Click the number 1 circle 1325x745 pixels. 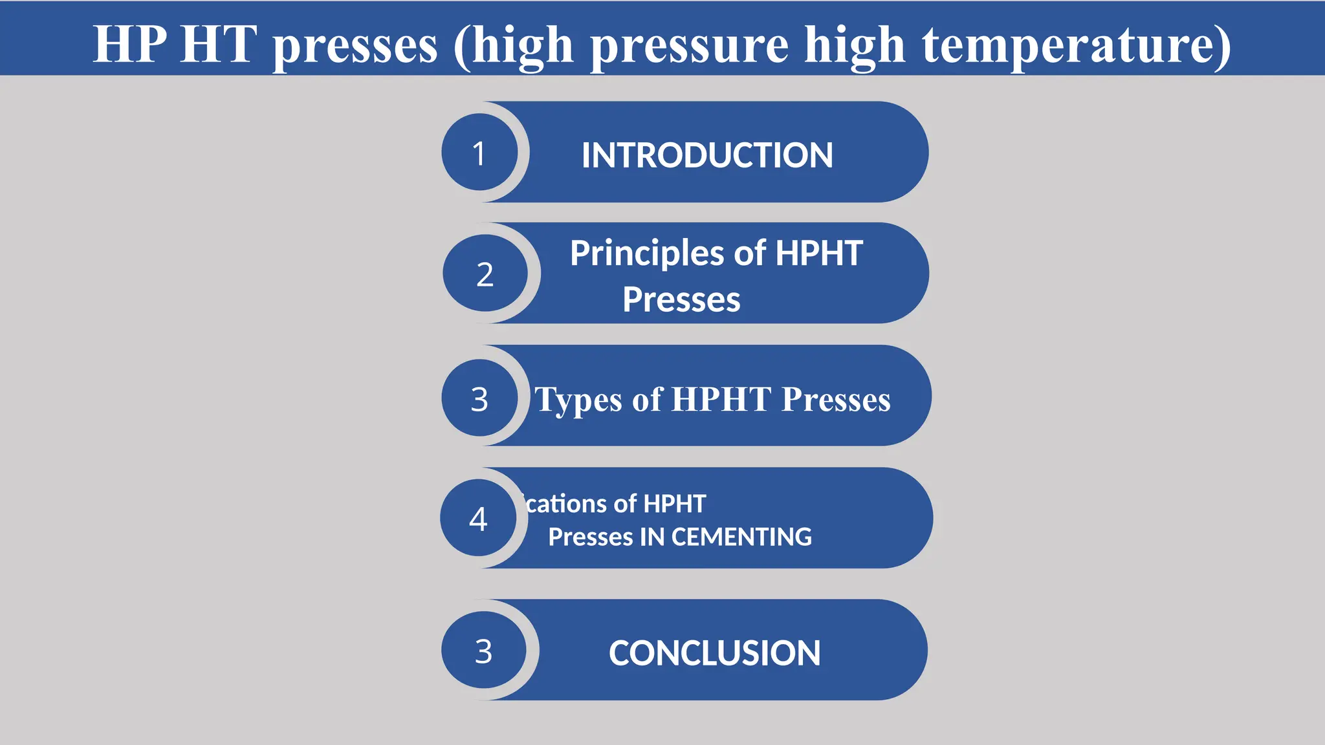pos(479,153)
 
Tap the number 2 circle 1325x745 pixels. pos(485,274)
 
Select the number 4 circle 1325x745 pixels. pos(478,518)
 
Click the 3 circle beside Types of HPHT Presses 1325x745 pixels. pos(479,398)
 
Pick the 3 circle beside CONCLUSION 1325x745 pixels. pos(483,651)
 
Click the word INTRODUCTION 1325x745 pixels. pos(707,155)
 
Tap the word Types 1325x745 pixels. pos(580,400)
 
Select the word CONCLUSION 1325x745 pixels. pos(714,653)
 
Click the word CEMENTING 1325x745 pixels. pos(741,537)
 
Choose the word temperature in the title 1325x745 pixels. pos(1076,45)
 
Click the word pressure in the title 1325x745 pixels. pos(690,45)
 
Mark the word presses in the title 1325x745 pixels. pos(355,45)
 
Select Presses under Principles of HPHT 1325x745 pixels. pos(681,299)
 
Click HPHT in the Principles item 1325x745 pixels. pos(818,253)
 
